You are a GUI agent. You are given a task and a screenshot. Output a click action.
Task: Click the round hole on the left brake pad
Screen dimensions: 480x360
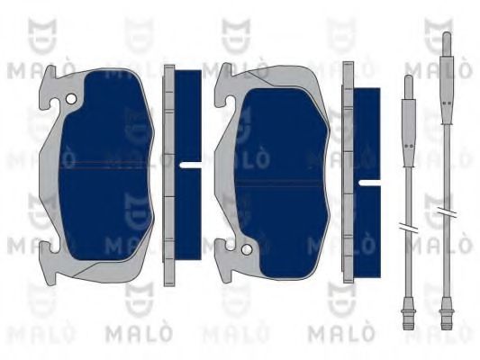71,99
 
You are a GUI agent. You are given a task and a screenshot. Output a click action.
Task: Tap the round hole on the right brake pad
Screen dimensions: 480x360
247,249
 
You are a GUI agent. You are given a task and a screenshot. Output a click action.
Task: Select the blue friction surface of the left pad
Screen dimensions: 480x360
105,166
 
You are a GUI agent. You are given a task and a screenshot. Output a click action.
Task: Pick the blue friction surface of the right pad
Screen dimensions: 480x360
282,184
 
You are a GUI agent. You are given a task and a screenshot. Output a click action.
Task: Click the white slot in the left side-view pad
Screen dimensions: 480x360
190,166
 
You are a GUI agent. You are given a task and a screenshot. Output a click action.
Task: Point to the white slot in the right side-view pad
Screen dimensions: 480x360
369,183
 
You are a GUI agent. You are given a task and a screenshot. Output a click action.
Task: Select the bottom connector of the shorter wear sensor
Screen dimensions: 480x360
408,313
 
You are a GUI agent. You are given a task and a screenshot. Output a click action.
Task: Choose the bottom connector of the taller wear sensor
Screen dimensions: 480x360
447,313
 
